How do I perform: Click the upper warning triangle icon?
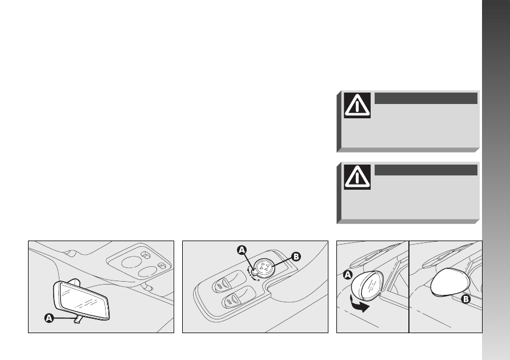(357, 105)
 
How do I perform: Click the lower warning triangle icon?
(357, 177)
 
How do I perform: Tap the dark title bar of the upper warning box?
(425, 98)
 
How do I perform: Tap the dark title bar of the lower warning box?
(425, 170)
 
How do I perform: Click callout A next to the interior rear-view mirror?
(49, 318)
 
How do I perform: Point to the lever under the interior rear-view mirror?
(77, 319)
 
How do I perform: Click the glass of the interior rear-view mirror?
(83, 300)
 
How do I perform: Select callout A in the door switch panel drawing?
(242, 250)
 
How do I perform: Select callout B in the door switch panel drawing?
(296, 257)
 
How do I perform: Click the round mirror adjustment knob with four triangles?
(263, 267)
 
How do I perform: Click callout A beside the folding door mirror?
(348, 275)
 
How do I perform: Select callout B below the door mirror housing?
(466, 299)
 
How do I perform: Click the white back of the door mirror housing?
(450, 282)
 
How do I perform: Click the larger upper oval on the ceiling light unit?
(131, 262)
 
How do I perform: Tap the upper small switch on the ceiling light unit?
(146, 255)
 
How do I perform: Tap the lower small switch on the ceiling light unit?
(162, 265)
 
